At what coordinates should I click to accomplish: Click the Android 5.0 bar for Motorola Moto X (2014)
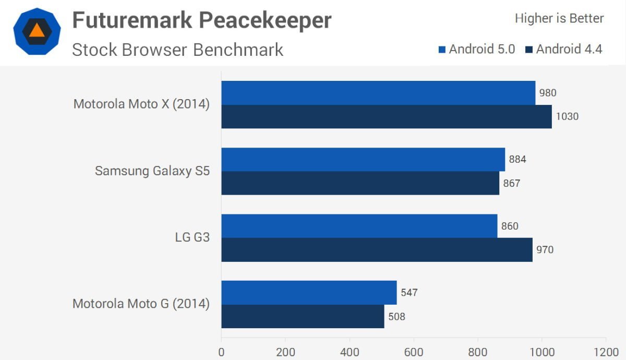[x=378, y=93]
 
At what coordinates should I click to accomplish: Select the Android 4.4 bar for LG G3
[x=377, y=250]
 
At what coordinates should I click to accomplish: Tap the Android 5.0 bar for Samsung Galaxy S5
[x=363, y=160]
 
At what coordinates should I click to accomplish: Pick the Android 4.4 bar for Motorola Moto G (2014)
[x=303, y=316]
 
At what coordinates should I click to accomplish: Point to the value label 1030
[x=568, y=116]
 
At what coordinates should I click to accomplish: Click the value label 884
[x=517, y=159]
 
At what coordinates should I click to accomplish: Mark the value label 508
[x=396, y=316]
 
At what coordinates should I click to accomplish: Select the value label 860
[x=510, y=226]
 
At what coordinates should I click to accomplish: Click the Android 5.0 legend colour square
[x=442, y=50]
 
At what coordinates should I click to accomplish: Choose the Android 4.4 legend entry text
[x=569, y=49]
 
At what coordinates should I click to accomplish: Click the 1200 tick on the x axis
[x=606, y=352]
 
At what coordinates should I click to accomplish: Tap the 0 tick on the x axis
[x=222, y=352]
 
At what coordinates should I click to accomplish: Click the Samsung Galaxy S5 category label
[x=152, y=171]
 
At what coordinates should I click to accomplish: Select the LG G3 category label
[x=192, y=238]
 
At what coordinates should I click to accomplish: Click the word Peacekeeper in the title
[x=266, y=21]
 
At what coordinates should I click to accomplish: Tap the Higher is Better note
[x=559, y=19]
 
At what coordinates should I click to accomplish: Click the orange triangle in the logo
[x=37, y=30]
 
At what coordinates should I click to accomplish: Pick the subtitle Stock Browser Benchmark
[x=178, y=50]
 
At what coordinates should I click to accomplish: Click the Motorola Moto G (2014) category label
[x=141, y=304]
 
